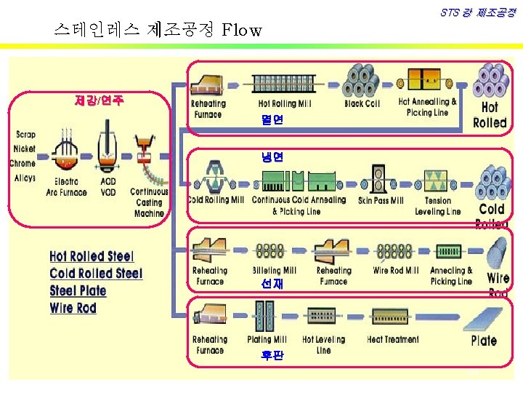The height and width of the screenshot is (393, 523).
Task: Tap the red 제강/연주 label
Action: (99, 100)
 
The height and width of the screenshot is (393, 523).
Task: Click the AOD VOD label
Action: (108, 187)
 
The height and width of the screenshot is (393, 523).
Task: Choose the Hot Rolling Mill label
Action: (285, 104)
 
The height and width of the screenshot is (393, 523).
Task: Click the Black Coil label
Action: (362, 104)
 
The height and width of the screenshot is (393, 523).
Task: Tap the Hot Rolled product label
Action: (490, 115)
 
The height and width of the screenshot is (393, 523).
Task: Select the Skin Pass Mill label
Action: (381, 200)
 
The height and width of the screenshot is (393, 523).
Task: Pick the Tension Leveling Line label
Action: (437, 206)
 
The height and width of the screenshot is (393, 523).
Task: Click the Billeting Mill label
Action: (275, 271)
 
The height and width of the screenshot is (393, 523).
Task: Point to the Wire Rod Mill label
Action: (395, 271)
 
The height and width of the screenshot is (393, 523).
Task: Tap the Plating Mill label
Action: (267, 339)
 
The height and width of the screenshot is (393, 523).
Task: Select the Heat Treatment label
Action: (393, 339)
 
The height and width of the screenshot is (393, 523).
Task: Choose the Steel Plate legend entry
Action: (78, 291)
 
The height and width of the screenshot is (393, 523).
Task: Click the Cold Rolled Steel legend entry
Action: (96, 274)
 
